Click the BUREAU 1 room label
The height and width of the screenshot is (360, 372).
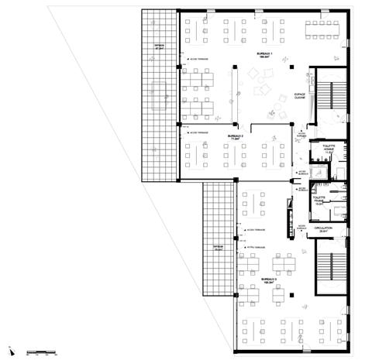(265, 54)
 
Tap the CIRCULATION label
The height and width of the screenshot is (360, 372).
(324, 230)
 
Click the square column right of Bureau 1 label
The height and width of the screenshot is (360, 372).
(289, 68)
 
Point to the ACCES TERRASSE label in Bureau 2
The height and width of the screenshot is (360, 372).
(199, 133)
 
